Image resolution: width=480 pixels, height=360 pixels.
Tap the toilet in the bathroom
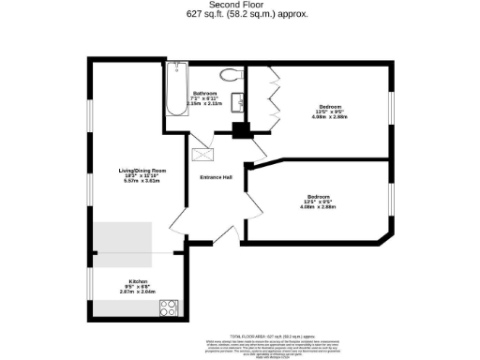(x=228, y=75)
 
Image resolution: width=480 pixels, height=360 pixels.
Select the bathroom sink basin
(x=242, y=102)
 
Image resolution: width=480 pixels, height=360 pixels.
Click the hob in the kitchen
(x=170, y=307)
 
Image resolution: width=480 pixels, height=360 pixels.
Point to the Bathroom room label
(x=205, y=93)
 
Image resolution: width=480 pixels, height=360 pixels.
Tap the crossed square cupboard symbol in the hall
(x=202, y=156)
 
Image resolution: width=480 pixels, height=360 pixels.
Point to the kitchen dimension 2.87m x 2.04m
(x=137, y=293)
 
